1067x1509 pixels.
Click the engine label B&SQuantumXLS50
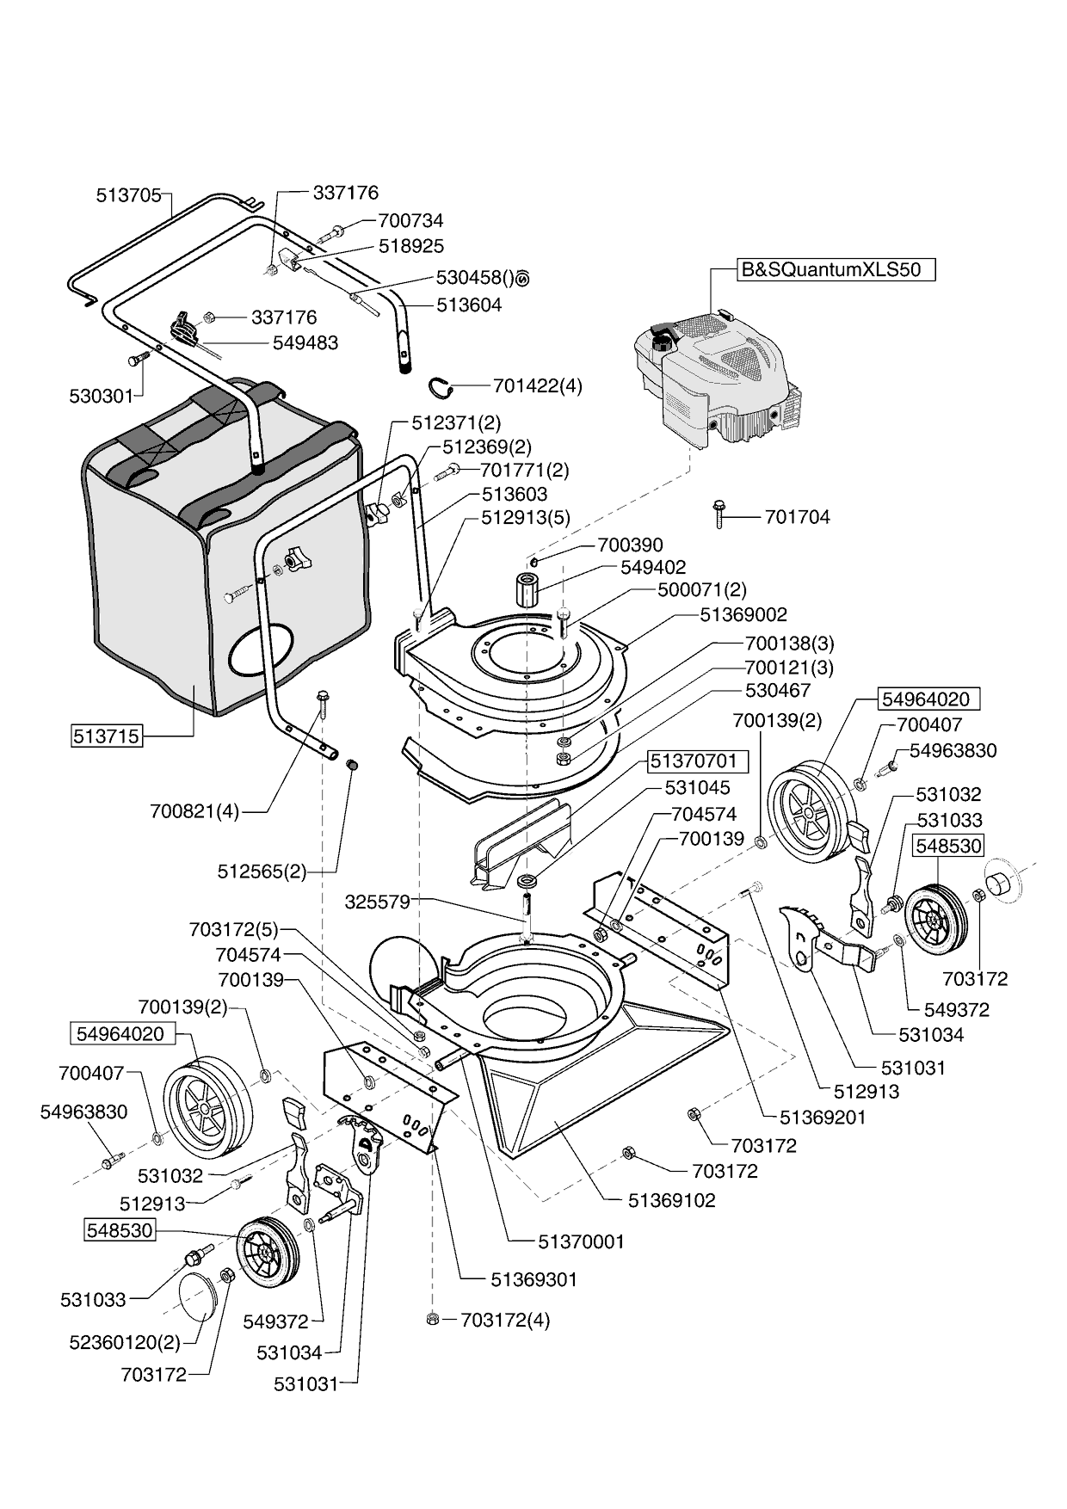[x=830, y=269]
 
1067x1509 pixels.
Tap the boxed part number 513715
[x=107, y=736]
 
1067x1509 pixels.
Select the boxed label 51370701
[x=694, y=761]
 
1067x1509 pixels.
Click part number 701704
[x=798, y=517]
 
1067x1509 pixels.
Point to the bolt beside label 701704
[x=719, y=513]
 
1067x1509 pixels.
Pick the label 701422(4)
[x=537, y=385]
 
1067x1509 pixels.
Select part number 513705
[x=128, y=195]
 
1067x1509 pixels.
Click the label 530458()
[x=474, y=278]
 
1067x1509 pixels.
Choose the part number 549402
[x=653, y=567]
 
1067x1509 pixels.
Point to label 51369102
[x=671, y=1200]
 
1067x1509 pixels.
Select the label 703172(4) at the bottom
[x=504, y=1320]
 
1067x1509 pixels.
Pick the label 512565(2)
[x=262, y=871]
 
